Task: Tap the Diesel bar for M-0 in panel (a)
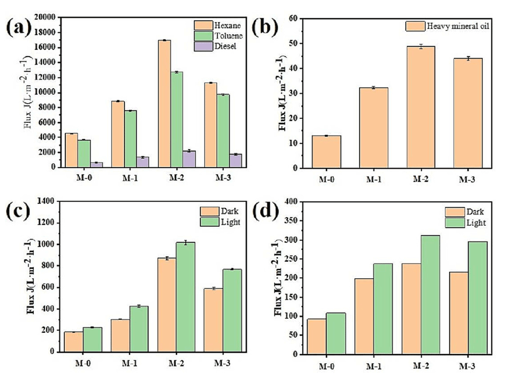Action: pyautogui.click(x=97, y=164)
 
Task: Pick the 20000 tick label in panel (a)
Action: pyautogui.click(x=45, y=17)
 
